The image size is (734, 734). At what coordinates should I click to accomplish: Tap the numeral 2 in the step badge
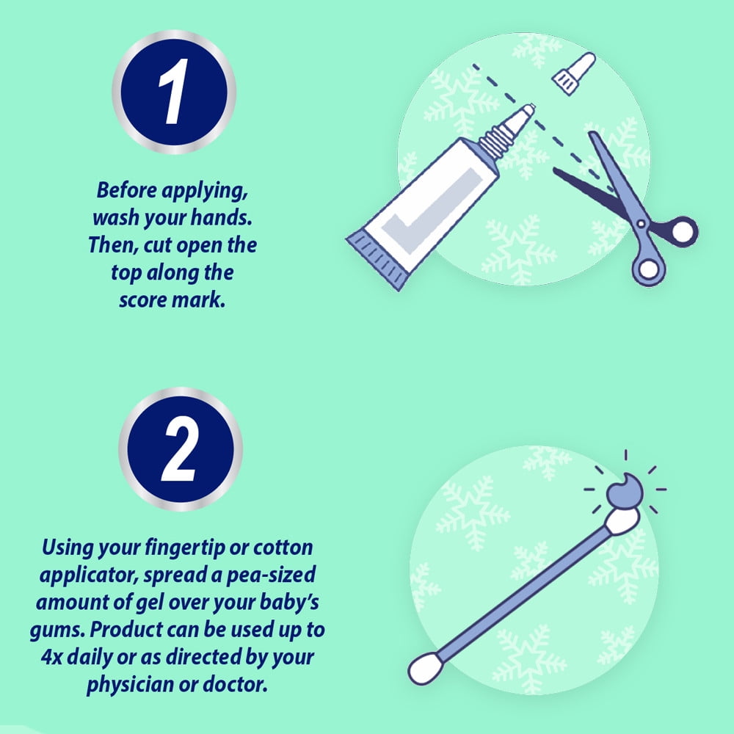click(180, 448)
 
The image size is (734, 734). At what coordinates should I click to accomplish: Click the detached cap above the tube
click(573, 73)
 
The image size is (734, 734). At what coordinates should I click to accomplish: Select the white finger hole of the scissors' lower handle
click(649, 269)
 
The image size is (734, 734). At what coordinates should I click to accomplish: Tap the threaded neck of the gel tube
click(496, 140)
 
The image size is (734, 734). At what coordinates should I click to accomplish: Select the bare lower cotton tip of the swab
click(425, 668)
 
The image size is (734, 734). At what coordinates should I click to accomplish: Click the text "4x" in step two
click(51, 657)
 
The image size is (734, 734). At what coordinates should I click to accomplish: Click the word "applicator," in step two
click(89, 575)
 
